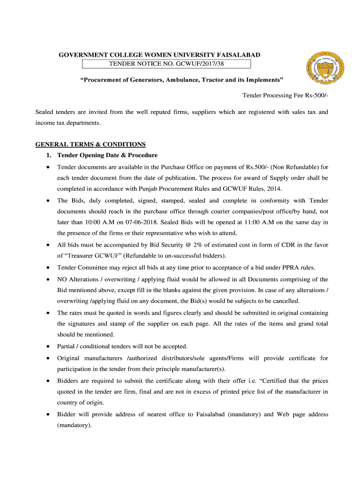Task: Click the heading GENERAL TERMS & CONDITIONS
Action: pyautogui.click(x=90, y=144)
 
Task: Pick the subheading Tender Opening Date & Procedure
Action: pyautogui.click(x=107, y=155)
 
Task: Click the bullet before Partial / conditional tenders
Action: pyautogui.click(x=48, y=347)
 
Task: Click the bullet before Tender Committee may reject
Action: pyautogui.click(x=48, y=268)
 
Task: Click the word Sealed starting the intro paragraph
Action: pyautogui.click(x=45, y=112)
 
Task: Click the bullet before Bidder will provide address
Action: pyautogui.click(x=48, y=415)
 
